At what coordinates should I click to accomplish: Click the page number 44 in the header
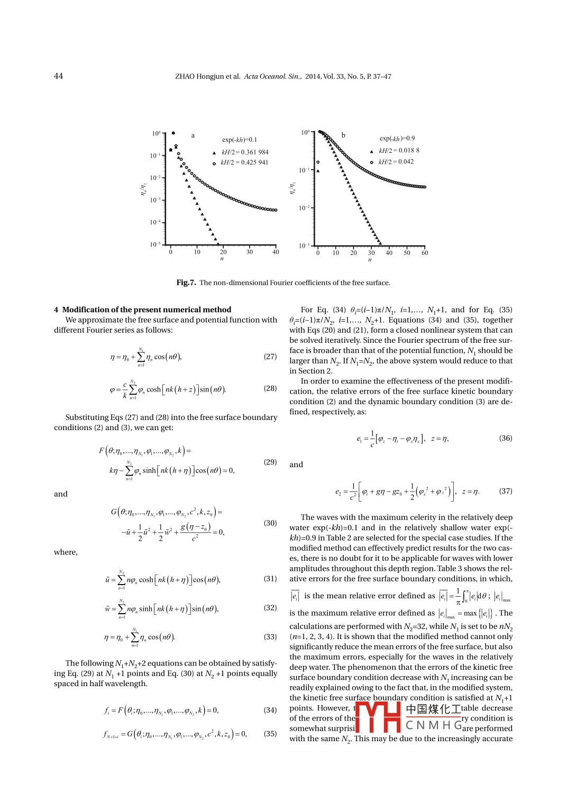pyautogui.click(x=58, y=76)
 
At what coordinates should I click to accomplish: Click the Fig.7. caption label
pyautogui.click(x=186, y=282)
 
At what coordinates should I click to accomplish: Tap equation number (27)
pyautogui.click(x=270, y=357)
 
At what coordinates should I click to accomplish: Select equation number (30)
pyautogui.click(x=270, y=523)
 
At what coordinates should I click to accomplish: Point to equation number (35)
pyautogui.click(x=270, y=734)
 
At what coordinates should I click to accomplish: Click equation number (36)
pyautogui.click(x=505, y=438)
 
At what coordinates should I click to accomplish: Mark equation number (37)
pyautogui.click(x=505, y=491)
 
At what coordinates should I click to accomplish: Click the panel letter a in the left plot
pyautogui.click(x=193, y=135)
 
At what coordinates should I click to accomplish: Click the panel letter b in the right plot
pyautogui.click(x=343, y=135)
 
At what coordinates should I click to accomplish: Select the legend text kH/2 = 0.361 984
pyautogui.click(x=245, y=152)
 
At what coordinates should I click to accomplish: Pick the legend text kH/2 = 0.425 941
pyautogui.click(x=244, y=162)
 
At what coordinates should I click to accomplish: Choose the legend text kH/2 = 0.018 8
pyautogui.click(x=399, y=151)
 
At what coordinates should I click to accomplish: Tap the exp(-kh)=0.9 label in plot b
pyautogui.click(x=397, y=139)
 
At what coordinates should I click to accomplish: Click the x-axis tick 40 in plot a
pyautogui.click(x=276, y=252)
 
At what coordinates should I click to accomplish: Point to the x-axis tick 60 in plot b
pyautogui.click(x=425, y=253)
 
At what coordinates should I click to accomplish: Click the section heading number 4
pyautogui.click(x=56, y=310)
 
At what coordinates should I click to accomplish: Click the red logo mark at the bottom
pyautogui.click(x=378, y=717)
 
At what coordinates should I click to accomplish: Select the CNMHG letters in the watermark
pyautogui.click(x=434, y=725)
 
